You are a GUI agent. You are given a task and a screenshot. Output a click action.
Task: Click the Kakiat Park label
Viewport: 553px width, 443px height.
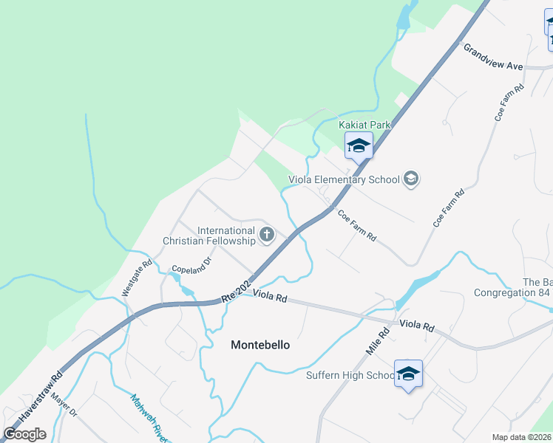click(x=364, y=125)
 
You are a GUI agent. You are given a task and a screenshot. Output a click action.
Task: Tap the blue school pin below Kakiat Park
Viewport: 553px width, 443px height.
click(x=359, y=145)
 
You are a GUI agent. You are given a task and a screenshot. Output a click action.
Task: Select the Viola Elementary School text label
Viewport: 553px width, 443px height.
click(x=344, y=179)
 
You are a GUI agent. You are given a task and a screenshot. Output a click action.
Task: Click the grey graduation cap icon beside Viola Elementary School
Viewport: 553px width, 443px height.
click(x=411, y=179)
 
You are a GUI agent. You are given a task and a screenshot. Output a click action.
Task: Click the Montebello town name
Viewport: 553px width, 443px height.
click(x=260, y=345)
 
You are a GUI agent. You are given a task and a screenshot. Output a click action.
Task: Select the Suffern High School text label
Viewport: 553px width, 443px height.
click(x=350, y=376)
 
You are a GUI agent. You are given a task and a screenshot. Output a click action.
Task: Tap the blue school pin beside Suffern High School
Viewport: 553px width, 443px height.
click(x=408, y=374)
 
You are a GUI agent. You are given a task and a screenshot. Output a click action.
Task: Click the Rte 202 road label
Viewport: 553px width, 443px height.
click(x=237, y=289)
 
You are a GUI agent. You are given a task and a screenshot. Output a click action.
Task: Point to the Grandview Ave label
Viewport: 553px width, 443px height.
click(x=493, y=57)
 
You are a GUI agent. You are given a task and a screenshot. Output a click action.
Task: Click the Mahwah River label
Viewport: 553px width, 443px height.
click(x=147, y=418)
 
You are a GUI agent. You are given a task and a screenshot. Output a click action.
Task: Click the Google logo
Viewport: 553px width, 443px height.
click(x=25, y=434)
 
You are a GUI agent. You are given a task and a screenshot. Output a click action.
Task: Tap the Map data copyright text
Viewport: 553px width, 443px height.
click(x=522, y=437)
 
